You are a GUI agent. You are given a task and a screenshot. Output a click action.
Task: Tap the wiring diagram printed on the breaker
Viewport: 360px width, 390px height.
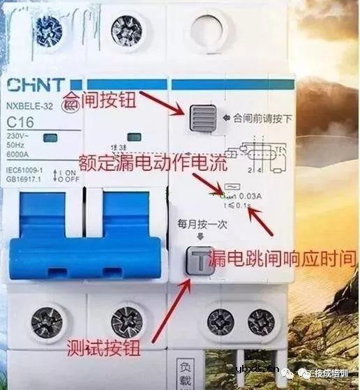coord(259,153)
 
